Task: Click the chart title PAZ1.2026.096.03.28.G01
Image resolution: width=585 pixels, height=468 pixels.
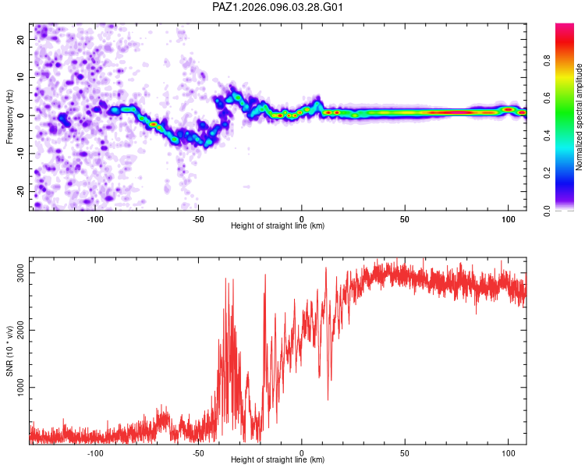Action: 277,7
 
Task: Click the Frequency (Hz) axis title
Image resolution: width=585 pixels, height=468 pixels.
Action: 9,117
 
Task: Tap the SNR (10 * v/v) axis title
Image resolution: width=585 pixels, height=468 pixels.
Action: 9,351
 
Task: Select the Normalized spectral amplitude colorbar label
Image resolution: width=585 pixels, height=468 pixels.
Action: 579,117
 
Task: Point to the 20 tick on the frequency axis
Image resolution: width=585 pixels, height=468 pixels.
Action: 20,39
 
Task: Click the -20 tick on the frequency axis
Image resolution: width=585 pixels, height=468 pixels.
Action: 20,191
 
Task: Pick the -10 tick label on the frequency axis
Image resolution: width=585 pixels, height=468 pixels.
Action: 20,154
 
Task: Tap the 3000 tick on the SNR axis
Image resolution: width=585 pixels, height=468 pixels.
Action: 20,273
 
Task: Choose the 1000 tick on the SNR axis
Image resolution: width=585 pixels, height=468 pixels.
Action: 20,388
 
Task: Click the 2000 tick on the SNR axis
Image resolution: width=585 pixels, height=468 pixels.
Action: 20,330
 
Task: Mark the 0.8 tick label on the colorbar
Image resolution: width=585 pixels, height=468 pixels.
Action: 547,60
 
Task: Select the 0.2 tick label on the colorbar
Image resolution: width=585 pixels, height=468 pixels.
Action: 547,173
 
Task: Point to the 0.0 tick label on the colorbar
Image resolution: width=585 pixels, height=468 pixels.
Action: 547,211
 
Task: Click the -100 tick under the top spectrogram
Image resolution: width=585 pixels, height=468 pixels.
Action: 95,219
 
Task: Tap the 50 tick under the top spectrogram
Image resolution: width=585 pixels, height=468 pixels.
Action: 405,219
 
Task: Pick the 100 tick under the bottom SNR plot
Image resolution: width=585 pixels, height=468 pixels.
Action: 508,453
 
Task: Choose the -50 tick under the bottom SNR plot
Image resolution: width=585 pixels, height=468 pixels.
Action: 198,453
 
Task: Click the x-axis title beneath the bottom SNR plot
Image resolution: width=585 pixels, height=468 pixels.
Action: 278,459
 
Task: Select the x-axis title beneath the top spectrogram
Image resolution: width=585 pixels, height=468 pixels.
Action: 278,225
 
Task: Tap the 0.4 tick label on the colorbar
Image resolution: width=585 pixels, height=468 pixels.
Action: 547,135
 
